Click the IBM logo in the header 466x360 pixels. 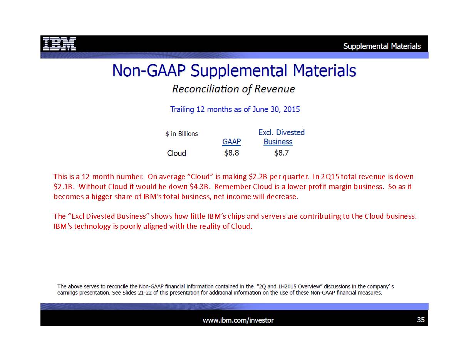[x=59, y=44]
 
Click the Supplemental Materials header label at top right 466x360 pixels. [x=382, y=46]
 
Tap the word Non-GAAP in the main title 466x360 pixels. [x=149, y=70]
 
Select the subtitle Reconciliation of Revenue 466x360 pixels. [x=233, y=89]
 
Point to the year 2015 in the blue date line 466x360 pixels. [x=292, y=109]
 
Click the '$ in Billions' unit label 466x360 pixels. [x=182, y=134]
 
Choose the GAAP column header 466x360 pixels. [x=231, y=142]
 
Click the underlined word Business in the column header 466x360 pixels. [x=278, y=142]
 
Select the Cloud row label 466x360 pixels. [x=176, y=153]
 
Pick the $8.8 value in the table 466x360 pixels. [x=231, y=153]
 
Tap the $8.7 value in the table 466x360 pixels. [x=282, y=153]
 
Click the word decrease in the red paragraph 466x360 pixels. [x=282, y=197]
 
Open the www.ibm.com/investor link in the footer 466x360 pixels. [x=238, y=320]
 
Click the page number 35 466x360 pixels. [x=421, y=320]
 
